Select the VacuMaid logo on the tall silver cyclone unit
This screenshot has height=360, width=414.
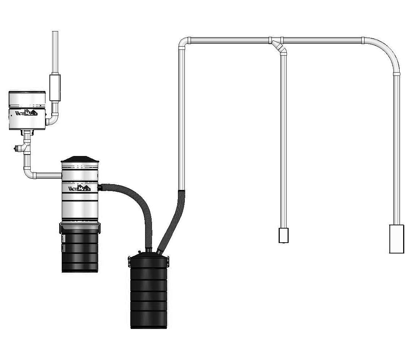79,188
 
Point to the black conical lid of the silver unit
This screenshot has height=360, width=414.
79,159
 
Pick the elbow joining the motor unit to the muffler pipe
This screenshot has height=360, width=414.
53,120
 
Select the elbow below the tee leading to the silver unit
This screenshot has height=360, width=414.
29,173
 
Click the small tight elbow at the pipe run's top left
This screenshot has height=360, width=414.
183,43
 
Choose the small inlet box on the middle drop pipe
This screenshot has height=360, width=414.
284,235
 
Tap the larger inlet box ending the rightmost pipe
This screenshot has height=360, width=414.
396,239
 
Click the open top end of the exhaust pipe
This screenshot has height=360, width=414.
55,32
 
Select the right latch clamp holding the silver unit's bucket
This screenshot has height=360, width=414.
99,227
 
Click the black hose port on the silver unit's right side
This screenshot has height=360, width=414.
101,187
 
